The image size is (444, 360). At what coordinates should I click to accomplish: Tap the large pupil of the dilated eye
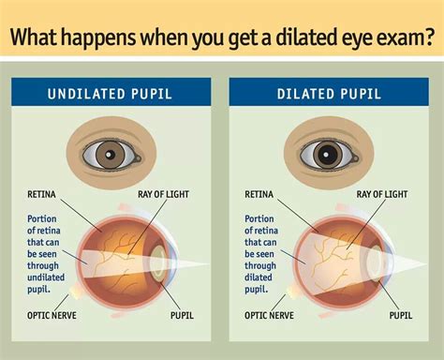point(328,152)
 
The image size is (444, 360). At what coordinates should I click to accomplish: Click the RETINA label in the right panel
point(259,195)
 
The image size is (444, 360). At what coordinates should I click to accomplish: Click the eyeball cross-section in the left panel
point(117,259)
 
